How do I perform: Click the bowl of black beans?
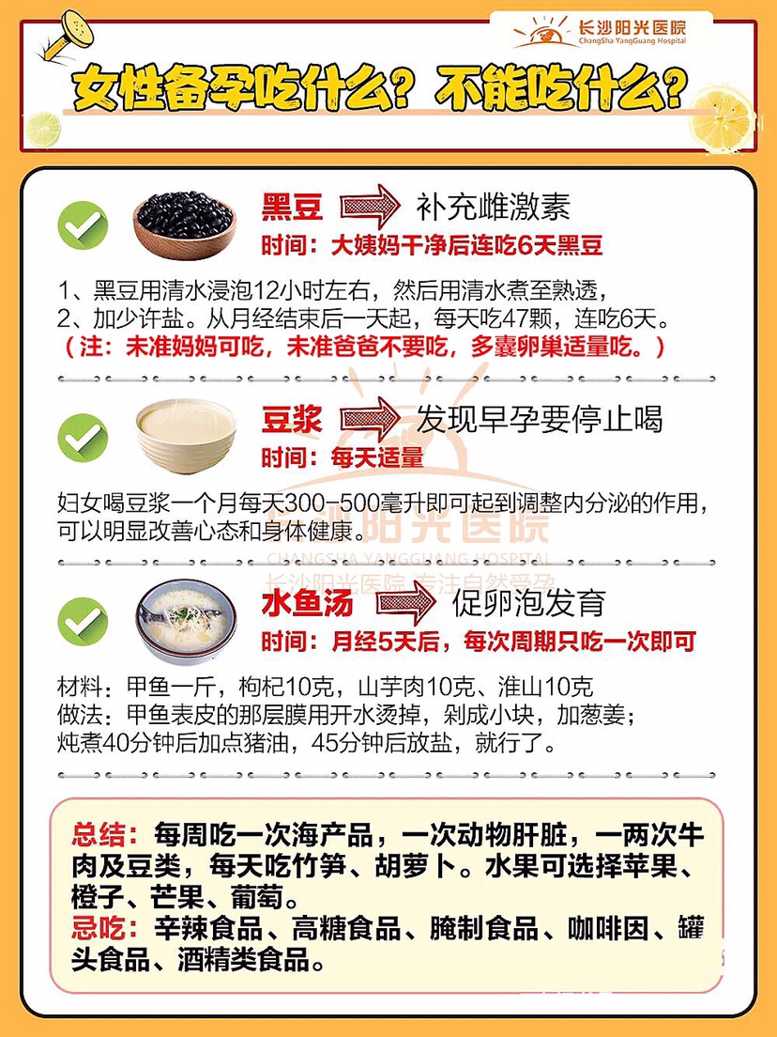click(x=184, y=224)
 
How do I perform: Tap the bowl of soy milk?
click(x=186, y=436)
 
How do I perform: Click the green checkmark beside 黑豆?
click(x=83, y=224)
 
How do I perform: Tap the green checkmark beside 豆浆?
click(x=83, y=437)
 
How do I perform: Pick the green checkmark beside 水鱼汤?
click(x=83, y=621)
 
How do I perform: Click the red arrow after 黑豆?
click(x=370, y=207)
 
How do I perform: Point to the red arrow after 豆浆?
click(x=370, y=419)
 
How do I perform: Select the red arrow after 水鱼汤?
click(x=406, y=602)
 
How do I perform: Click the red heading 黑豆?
click(x=292, y=207)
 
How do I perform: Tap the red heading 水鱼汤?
click(x=307, y=603)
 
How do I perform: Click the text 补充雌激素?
click(x=493, y=207)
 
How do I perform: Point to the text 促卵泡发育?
click(x=528, y=603)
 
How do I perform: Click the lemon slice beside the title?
click(x=722, y=120)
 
